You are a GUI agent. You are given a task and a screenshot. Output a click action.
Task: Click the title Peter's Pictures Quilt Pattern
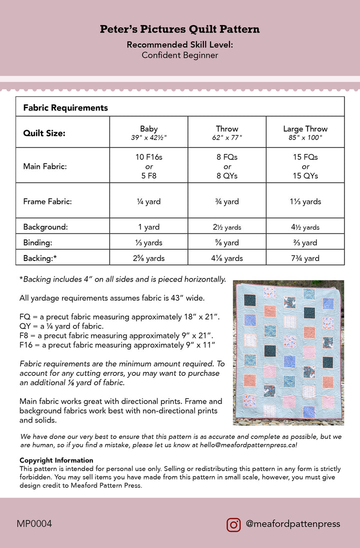coord(179,29)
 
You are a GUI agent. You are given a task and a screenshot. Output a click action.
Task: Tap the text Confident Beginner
coord(179,55)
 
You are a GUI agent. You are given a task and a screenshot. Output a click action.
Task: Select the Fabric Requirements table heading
coord(65,107)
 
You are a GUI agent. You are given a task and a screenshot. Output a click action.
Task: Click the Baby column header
coord(149,132)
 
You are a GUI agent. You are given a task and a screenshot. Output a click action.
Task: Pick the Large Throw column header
coord(305,132)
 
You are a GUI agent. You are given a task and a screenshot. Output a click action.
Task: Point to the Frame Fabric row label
coord(47,202)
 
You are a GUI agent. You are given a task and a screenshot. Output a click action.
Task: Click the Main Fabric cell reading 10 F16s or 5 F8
coord(149,166)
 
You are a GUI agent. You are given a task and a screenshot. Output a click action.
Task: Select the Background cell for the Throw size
coord(227,227)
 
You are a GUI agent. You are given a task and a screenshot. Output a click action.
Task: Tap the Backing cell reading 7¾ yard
coord(305,258)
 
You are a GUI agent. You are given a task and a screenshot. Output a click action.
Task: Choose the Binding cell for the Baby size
coord(149,243)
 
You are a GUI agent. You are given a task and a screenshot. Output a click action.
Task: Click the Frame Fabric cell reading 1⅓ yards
coord(305,202)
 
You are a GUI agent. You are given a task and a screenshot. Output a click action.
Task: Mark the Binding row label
coord(37,243)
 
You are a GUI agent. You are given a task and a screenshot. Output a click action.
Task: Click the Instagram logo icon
coord(233,524)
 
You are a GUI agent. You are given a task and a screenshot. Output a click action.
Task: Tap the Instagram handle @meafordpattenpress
coord(292,524)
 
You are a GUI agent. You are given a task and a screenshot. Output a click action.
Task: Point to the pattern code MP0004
coord(34,524)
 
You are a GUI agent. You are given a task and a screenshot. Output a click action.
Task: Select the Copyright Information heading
coord(56,460)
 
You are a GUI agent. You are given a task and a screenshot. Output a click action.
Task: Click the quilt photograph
coord(288,352)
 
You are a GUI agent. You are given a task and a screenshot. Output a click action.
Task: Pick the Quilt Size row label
coord(44,133)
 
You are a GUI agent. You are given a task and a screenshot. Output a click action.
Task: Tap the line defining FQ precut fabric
coord(119,317)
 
